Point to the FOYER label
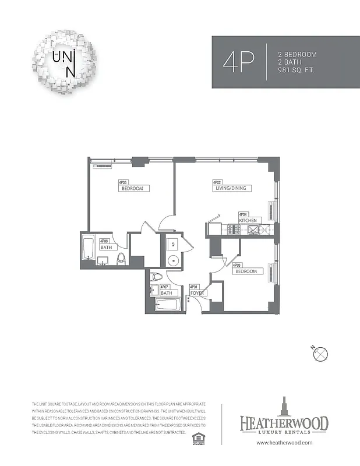click(x=196, y=293)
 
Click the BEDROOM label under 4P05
click(x=134, y=188)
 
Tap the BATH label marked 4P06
click(x=105, y=248)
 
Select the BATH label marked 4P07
click(x=167, y=293)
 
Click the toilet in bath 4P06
click(x=121, y=258)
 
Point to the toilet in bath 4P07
click(x=156, y=277)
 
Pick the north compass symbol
click(x=321, y=354)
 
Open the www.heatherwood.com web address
click(x=284, y=443)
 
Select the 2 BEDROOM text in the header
click(x=297, y=54)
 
